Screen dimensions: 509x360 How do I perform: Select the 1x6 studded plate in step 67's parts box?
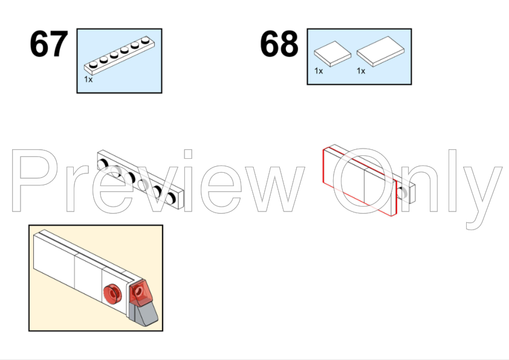tap(119, 55)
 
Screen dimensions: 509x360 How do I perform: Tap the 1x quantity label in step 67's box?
tap(88, 79)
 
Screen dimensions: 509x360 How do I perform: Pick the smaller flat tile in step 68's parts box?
tap(332, 54)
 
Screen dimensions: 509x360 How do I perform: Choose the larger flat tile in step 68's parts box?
tap(380, 51)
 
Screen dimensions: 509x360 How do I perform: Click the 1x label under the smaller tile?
tap(319, 71)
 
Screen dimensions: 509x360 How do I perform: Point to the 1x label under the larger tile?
tap(361, 71)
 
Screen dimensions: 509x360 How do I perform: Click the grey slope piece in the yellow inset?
tap(143, 313)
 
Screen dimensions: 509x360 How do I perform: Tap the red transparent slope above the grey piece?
tap(140, 293)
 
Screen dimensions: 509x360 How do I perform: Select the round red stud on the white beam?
tap(112, 294)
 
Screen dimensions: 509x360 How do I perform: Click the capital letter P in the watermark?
tap(34, 181)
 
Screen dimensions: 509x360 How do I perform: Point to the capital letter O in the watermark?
tap(362, 181)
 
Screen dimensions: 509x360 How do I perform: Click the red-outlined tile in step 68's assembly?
tap(360, 182)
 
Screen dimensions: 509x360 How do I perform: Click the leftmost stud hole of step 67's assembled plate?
tap(103, 164)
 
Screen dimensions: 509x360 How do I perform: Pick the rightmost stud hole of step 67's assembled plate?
tap(170, 199)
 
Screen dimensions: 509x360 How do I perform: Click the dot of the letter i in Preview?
tap(188, 154)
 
